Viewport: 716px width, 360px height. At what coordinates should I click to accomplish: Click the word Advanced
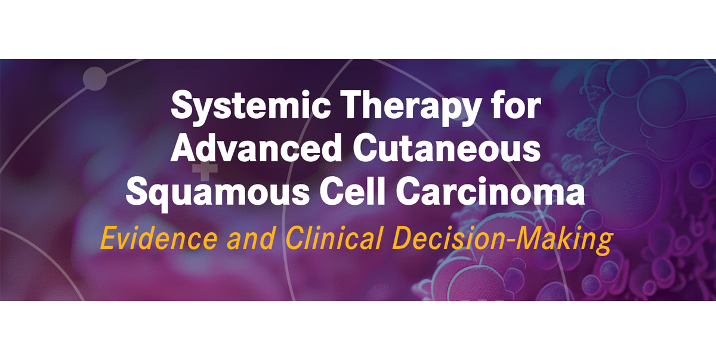tap(257, 148)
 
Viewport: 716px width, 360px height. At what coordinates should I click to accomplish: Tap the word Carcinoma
tap(490, 191)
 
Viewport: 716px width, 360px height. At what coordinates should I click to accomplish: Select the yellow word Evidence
tap(159, 238)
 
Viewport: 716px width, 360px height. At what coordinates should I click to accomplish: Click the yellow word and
tap(251, 238)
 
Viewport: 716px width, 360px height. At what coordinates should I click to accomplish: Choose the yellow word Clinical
tap(334, 238)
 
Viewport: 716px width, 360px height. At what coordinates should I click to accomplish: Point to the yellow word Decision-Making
tap(502, 240)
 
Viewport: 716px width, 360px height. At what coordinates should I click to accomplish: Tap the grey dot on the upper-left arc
tap(95, 79)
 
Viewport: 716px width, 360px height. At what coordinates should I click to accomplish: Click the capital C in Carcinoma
tap(408, 191)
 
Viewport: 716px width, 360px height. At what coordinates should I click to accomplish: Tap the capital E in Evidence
tap(108, 238)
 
